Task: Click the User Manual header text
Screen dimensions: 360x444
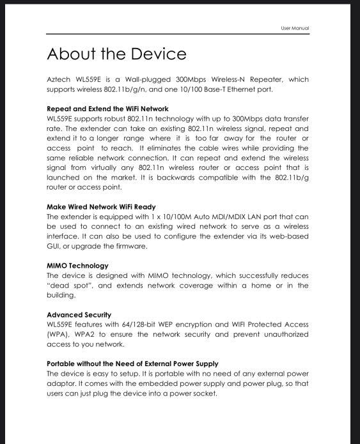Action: pyautogui.click(x=295, y=28)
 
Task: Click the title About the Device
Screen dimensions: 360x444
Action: pyautogui.click(x=116, y=54)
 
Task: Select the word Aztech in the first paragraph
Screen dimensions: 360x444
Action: pyautogui.click(x=59, y=80)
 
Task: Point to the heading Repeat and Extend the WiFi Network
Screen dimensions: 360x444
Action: pyautogui.click(x=107, y=109)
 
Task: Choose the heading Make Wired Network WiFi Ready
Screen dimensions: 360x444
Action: pyautogui.click(x=101, y=207)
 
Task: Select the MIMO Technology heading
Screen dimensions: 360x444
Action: pyautogui.click(x=77, y=266)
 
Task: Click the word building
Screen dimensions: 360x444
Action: pyautogui.click(x=61, y=295)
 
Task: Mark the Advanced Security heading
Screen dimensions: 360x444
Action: pyautogui.click(x=79, y=315)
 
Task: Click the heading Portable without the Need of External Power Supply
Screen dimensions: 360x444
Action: pyautogui.click(x=132, y=364)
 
